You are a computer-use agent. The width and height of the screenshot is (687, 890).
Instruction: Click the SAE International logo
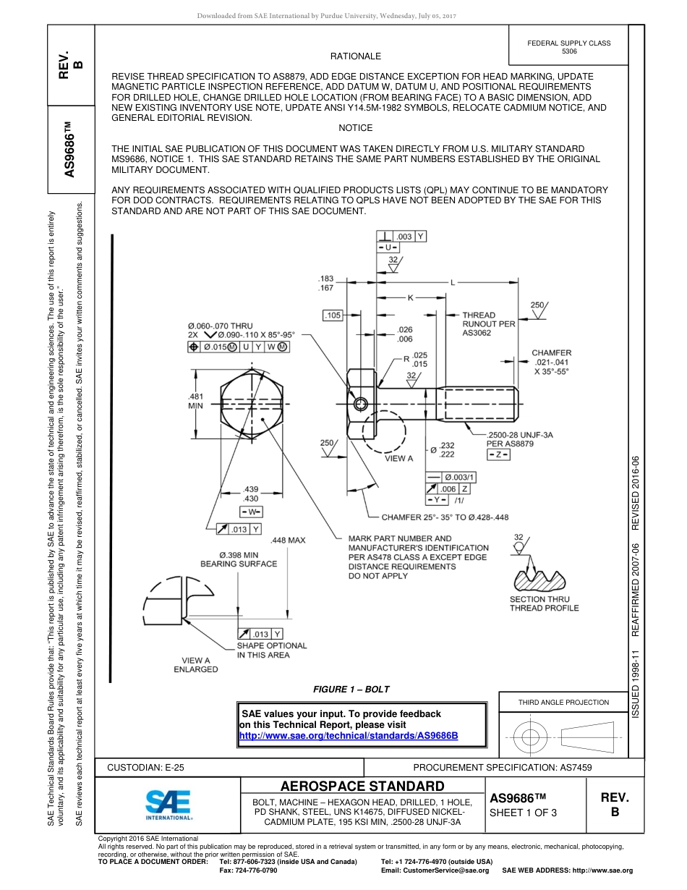click(x=168, y=804)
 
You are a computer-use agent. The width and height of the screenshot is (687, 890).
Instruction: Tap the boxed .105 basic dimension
click(x=333, y=315)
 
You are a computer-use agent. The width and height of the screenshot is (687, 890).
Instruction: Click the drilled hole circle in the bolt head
click(x=360, y=403)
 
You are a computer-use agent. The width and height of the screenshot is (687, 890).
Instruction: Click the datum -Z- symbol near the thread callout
click(x=499, y=455)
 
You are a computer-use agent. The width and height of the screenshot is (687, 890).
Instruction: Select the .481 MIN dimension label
click(x=195, y=401)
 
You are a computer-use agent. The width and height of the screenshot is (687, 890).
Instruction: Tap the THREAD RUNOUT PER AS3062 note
click(x=488, y=324)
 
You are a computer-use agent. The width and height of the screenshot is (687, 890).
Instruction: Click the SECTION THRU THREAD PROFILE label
click(x=544, y=603)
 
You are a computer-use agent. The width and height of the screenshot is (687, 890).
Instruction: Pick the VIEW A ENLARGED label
click(x=196, y=665)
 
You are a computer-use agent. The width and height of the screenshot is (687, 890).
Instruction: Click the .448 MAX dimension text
click(x=287, y=541)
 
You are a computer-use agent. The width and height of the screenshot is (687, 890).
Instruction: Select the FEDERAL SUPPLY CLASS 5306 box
click(x=569, y=47)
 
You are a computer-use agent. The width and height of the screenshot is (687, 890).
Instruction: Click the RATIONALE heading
click(x=356, y=56)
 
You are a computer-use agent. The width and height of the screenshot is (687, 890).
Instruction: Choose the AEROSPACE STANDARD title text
click(x=362, y=787)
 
